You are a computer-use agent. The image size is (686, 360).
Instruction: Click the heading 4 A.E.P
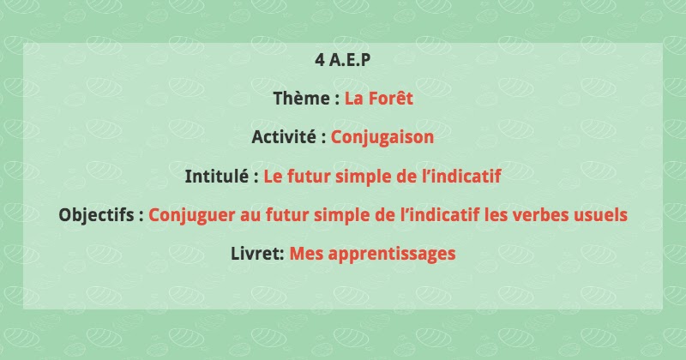point(343,60)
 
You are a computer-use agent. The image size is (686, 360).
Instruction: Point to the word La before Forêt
point(354,99)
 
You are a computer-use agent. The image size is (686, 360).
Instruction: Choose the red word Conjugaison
point(382,137)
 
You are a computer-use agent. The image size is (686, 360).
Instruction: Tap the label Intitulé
point(218,177)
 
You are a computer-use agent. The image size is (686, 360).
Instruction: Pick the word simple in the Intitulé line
point(364,177)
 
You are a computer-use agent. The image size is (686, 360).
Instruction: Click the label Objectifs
point(97,215)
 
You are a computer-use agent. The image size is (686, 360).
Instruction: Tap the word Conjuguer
point(190,215)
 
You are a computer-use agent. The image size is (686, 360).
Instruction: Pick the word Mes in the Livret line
point(304,254)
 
